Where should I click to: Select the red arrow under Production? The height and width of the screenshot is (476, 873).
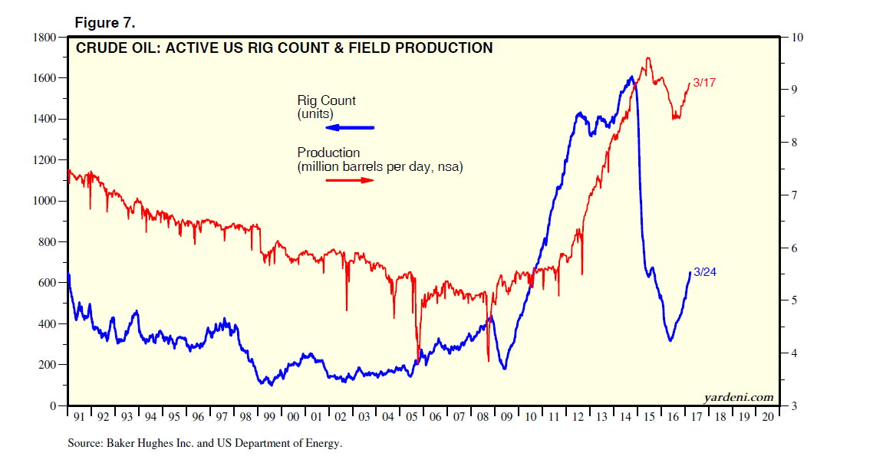pyautogui.click(x=350, y=180)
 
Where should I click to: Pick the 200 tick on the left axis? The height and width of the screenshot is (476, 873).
pyautogui.click(x=51, y=365)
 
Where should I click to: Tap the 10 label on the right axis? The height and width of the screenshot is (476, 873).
pyautogui.click(x=796, y=37)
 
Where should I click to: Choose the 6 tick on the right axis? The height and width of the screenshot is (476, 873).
pyautogui.click(x=792, y=248)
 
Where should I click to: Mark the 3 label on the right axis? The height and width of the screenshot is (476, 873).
pyautogui.click(x=792, y=406)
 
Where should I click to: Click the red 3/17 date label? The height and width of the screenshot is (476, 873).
pyautogui.click(x=703, y=83)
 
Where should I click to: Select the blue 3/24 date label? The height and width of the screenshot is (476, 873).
pyautogui.click(x=704, y=272)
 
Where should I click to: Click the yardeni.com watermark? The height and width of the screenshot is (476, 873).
pyautogui.click(x=738, y=396)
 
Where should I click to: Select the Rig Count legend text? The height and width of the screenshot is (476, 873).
pyautogui.click(x=326, y=100)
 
